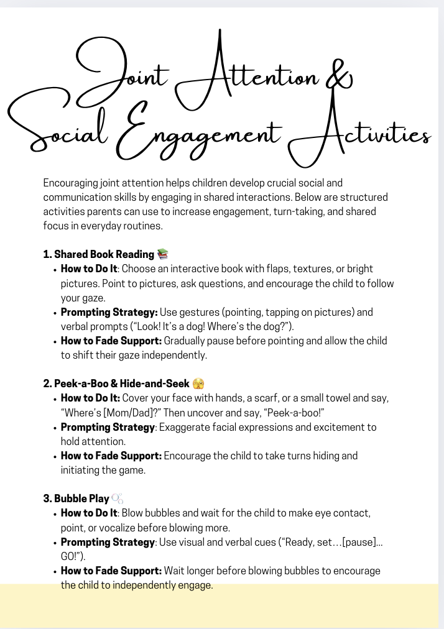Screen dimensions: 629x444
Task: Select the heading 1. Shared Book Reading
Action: coord(99,254)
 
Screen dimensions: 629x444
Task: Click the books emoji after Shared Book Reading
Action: coord(163,254)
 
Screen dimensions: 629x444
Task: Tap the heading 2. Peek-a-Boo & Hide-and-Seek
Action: coord(116,383)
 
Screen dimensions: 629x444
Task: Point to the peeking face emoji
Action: coord(198,383)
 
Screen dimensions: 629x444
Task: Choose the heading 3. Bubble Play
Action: coord(76,498)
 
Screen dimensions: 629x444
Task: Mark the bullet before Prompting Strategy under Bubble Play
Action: coord(55,542)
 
